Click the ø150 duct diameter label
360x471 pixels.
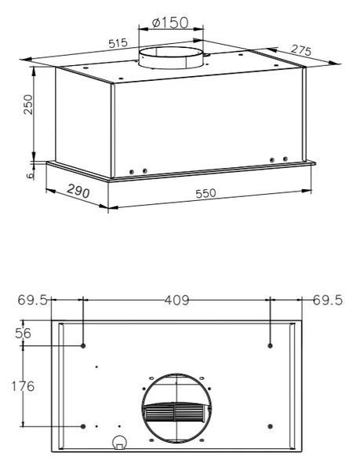170,23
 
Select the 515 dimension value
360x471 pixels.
118,43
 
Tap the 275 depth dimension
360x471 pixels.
301,50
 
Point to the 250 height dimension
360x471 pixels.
28,104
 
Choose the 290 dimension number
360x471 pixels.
78,191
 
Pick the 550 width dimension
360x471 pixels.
205,193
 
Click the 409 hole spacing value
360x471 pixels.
177,300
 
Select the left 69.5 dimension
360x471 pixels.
32,300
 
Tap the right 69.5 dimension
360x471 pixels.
328,300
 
